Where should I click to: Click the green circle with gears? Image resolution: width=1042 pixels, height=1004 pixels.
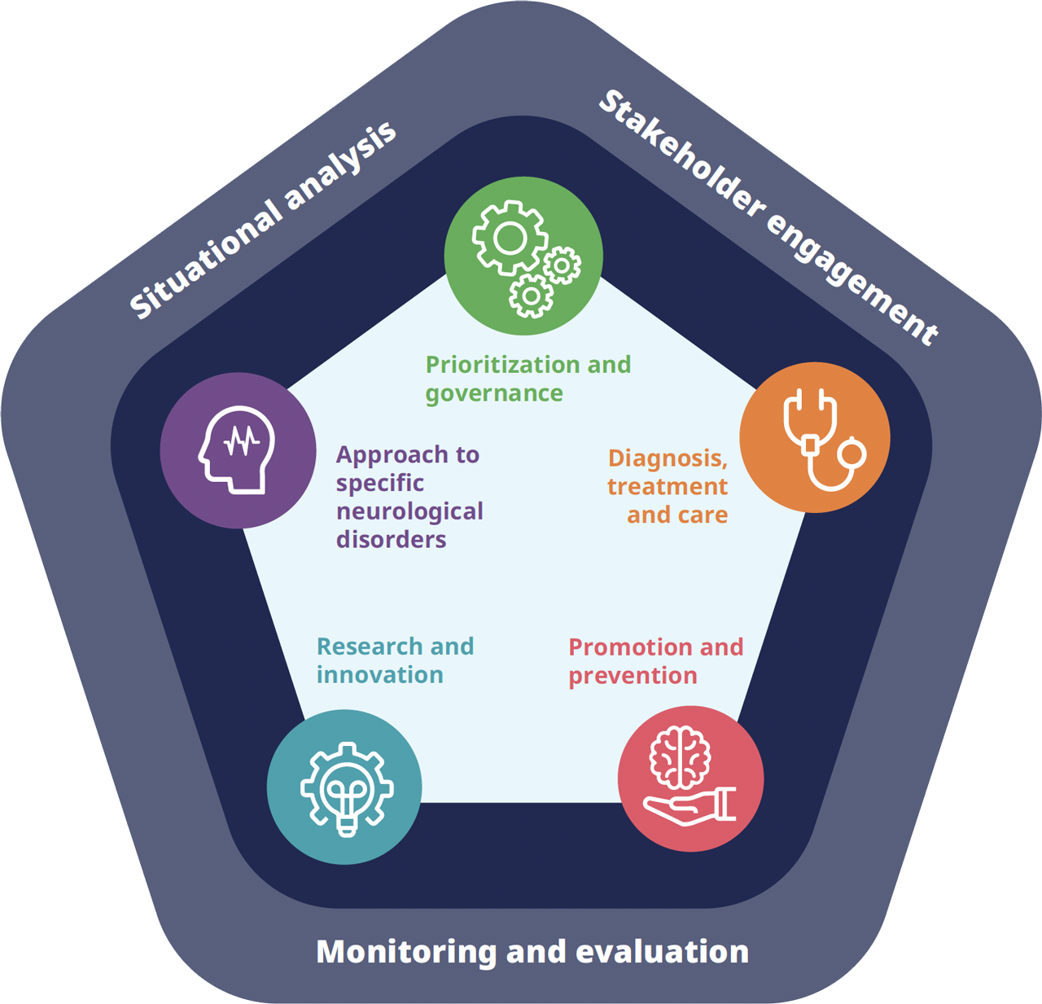[x=523, y=256]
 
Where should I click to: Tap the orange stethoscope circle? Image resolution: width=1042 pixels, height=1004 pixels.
[x=815, y=437]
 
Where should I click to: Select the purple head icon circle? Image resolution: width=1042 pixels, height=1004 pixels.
[x=239, y=451]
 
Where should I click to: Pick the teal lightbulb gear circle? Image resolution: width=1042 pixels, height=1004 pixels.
[x=344, y=787]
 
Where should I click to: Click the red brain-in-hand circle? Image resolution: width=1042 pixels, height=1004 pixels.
[x=691, y=778]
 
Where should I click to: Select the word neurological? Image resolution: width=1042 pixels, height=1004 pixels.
[x=409, y=511]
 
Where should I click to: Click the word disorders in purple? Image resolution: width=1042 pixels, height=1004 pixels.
[x=391, y=540]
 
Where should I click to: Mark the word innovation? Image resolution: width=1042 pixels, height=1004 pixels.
[x=379, y=675]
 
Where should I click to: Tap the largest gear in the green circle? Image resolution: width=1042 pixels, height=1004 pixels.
[x=509, y=239]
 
